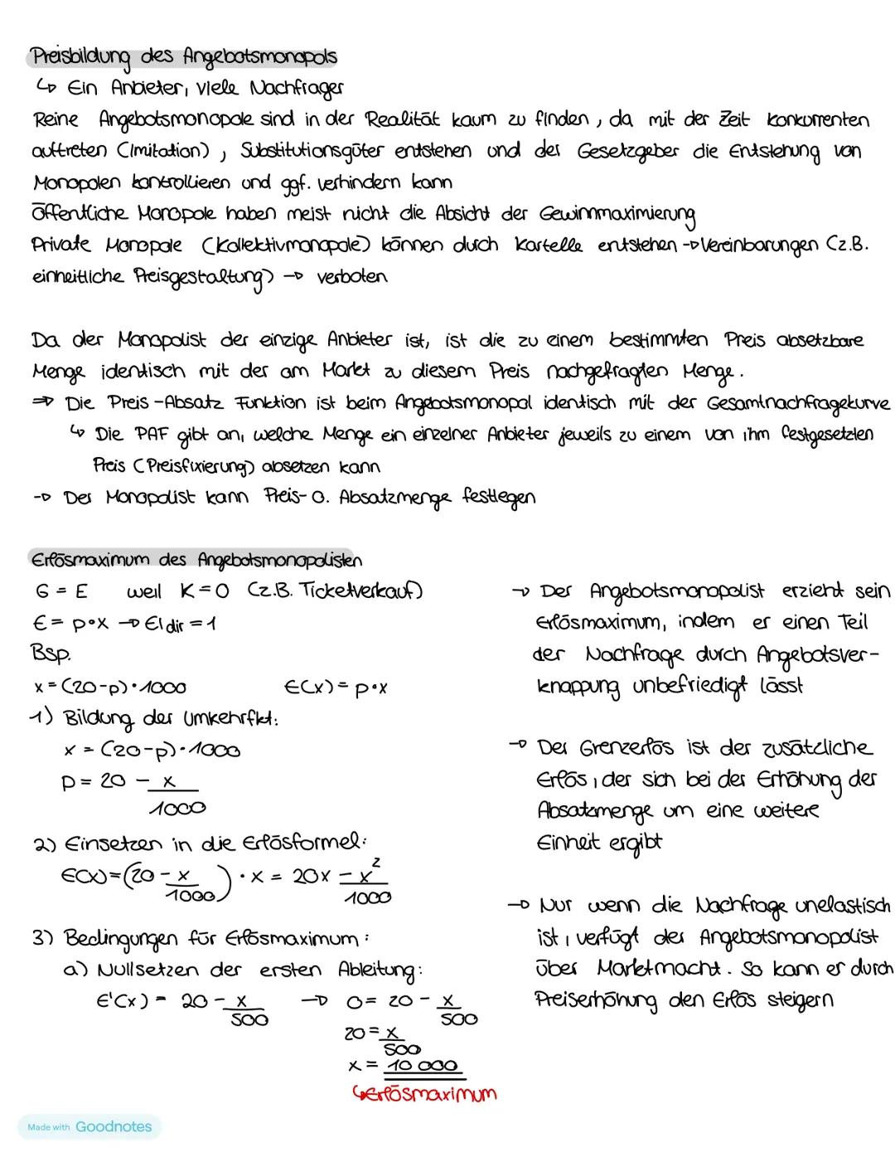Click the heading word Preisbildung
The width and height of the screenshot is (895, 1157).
click(81, 58)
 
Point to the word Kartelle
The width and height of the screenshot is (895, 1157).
click(548, 245)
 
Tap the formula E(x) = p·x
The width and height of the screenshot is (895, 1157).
click(336, 687)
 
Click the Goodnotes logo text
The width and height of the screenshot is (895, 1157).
click(114, 1126)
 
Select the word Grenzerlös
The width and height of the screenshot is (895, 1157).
click(609, 748)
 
